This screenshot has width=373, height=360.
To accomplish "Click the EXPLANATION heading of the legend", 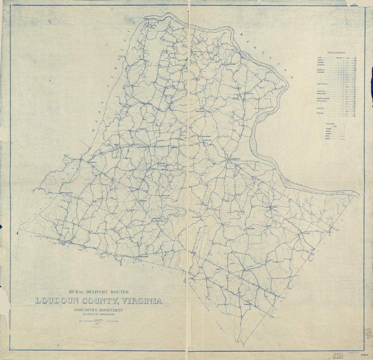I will tap(336, 53).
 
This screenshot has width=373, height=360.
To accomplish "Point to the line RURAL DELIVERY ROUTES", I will tap(99, 291).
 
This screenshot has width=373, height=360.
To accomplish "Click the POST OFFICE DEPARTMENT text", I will tap(99, 310).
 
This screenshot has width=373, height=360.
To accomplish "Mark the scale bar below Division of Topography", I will tap(99, 321).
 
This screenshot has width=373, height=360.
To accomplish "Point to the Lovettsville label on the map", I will tap(197, 52).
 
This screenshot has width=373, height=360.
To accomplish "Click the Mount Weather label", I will tap(66, 193).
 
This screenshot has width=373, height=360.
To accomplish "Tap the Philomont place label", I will tap(142, 201).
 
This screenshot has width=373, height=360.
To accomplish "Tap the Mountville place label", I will tap(157, 218).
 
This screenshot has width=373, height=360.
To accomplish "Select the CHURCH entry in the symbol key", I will tap(329, 134).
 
